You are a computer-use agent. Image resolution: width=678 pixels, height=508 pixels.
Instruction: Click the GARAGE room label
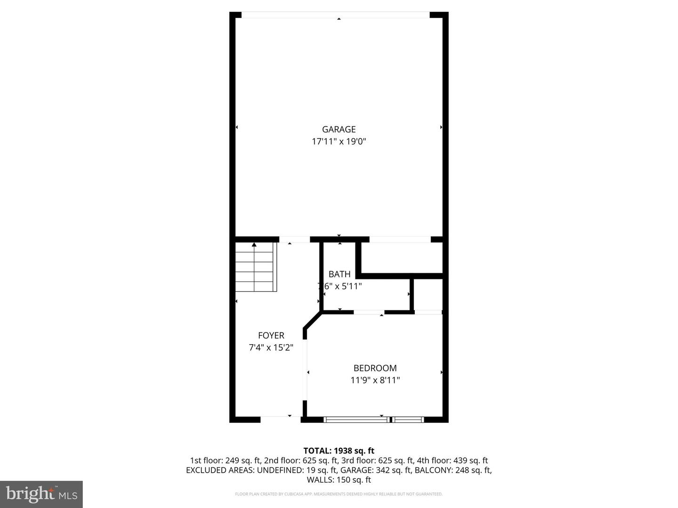coord(339,129)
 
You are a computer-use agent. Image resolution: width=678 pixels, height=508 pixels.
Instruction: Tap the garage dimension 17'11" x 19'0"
coord(339,141)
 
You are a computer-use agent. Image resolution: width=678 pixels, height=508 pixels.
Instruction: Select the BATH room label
coord(339,274)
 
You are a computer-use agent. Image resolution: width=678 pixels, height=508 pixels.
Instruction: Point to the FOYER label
coord(271,335)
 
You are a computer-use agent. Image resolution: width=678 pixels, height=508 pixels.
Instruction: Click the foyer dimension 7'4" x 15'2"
coord(271,348)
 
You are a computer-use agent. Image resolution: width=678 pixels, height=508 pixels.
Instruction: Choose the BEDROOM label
coord(375,368)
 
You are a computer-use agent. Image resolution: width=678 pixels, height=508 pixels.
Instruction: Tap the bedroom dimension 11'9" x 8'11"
coord(375,380)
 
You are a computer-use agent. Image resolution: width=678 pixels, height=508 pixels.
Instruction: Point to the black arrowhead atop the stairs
coord(254,245)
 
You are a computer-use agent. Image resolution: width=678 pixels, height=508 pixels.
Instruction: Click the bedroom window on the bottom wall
coord(374,419)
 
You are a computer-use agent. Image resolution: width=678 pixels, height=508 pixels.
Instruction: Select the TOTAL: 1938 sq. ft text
coord(339,451)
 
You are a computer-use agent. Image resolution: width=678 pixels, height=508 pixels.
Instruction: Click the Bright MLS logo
coord(41,494)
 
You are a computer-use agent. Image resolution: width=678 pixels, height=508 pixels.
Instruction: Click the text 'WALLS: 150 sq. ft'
coord(339,480)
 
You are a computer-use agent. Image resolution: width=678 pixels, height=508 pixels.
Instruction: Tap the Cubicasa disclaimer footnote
coord(339,494)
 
